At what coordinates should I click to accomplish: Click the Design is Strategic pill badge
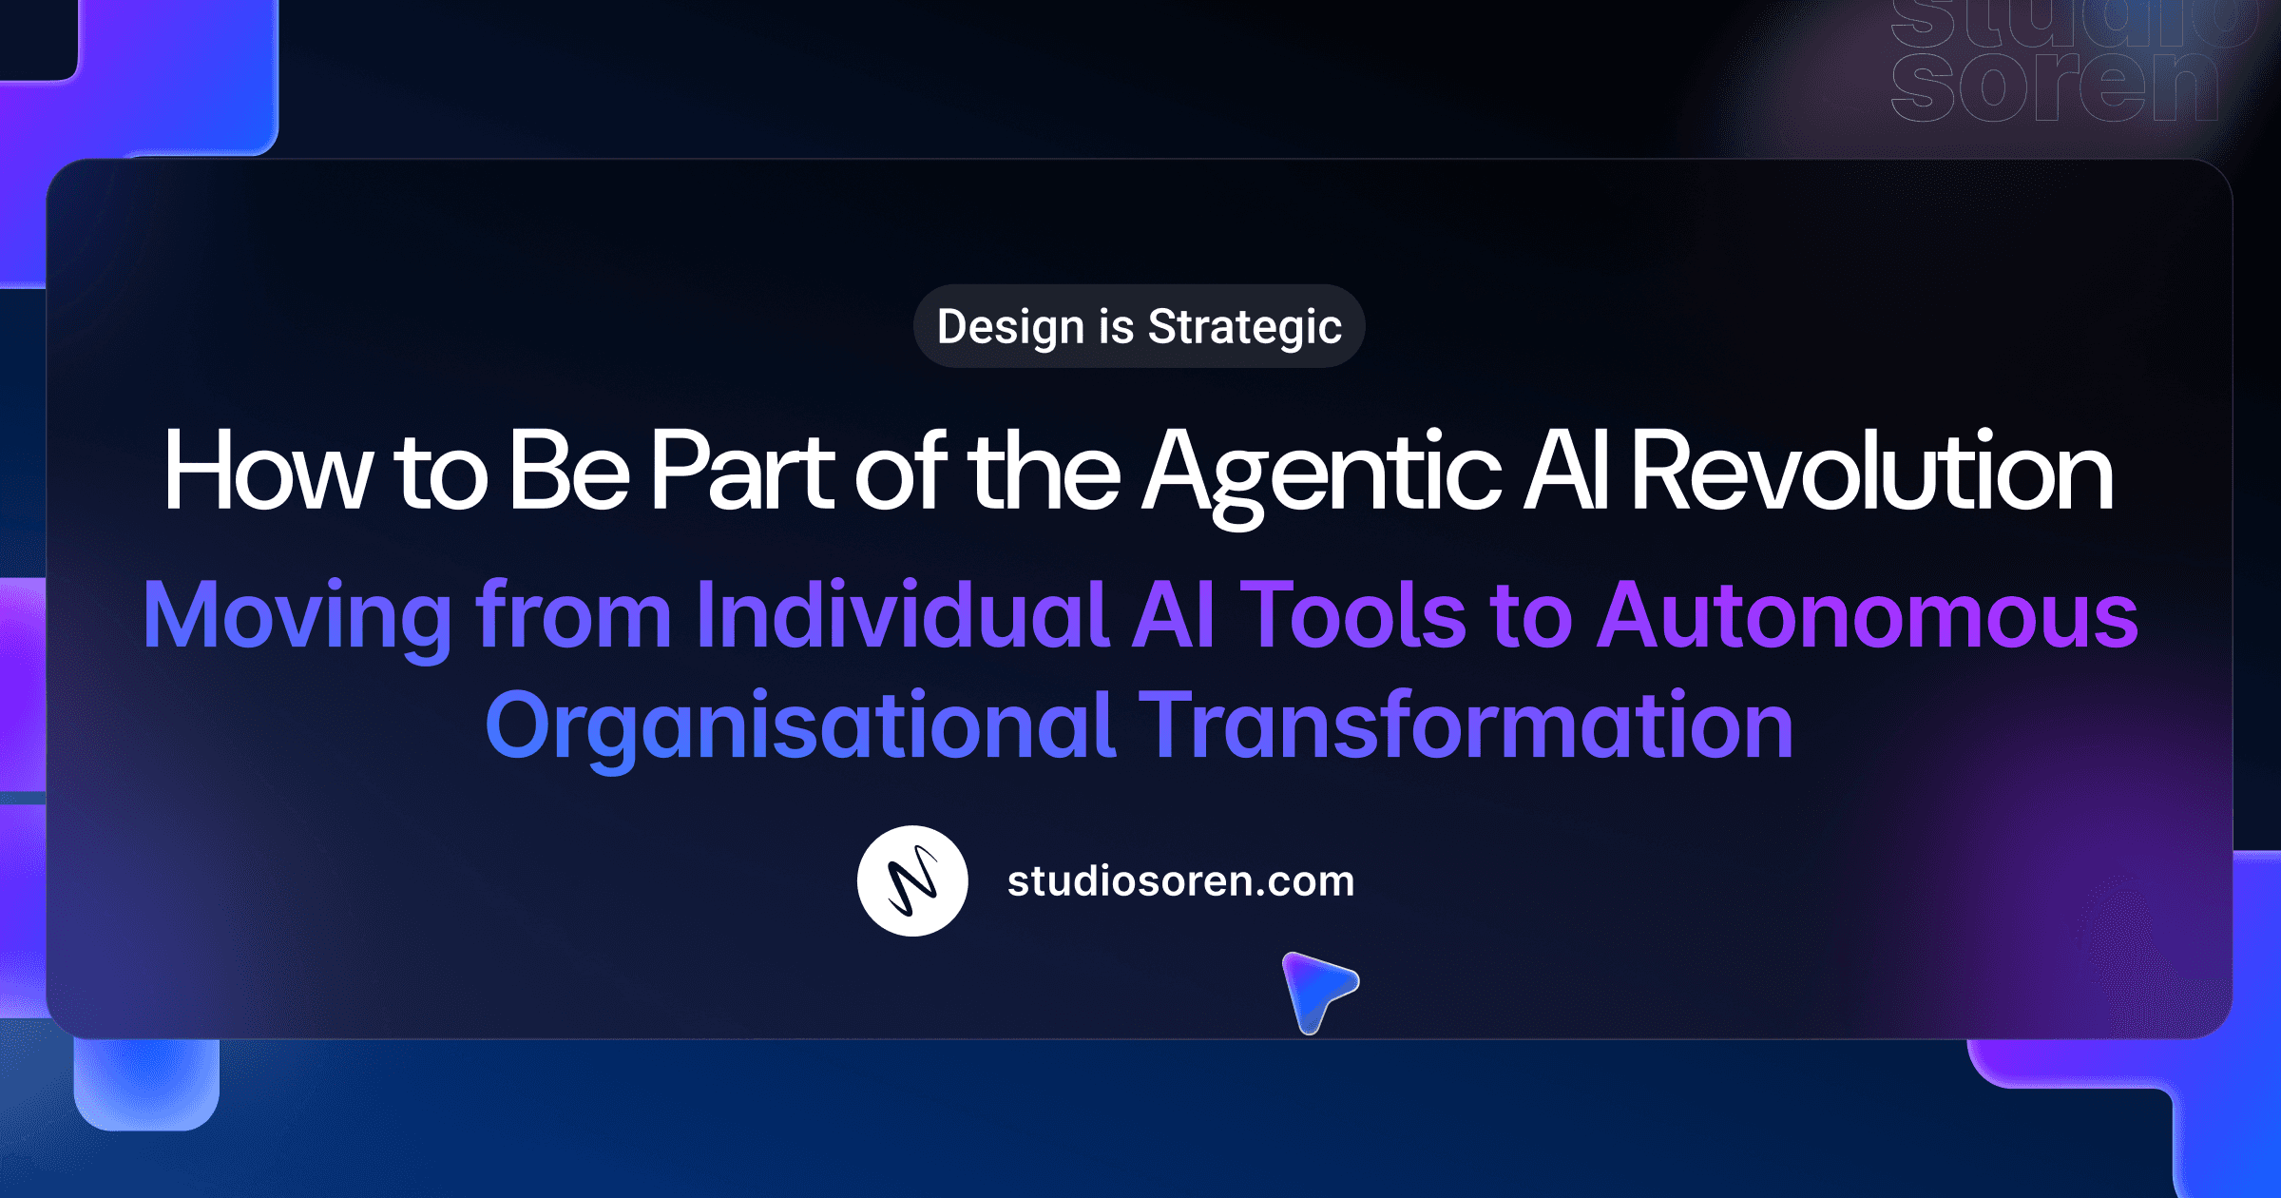(1139, 326)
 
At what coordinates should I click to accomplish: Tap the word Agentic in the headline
(1321, 473)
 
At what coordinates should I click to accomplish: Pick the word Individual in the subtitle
(902, 616)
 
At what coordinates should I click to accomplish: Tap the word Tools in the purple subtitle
(1354, 616)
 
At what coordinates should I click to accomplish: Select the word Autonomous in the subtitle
(1867, 616)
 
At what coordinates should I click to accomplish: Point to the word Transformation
(1465, 726)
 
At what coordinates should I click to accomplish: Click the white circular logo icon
(912, 880)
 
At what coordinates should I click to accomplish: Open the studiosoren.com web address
(1180, 881)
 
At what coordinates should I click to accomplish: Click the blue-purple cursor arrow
(1316, 989)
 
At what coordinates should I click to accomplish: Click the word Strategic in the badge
(1244, 327)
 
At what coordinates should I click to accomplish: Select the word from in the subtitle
(573, 616)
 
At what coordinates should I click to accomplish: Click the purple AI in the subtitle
(1174, 616)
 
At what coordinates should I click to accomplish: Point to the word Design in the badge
(1010, 327)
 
